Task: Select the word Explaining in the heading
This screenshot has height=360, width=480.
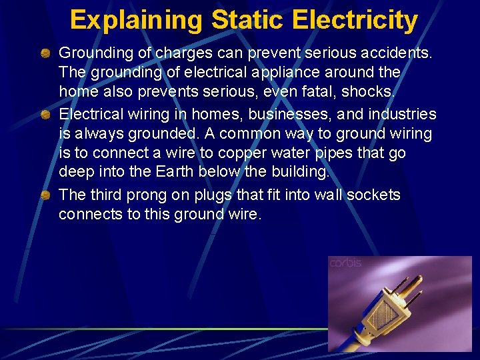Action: click(x=136, y=20)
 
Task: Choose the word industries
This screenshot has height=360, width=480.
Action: click(x=401, y=115)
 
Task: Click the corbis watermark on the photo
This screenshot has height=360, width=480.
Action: click(x=345, y=263)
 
